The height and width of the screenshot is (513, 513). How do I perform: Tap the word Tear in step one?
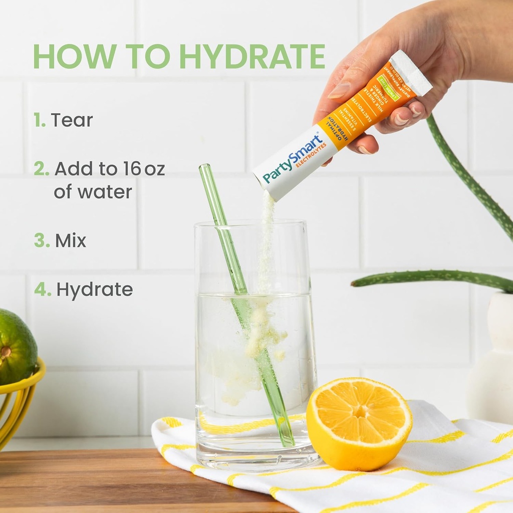72,120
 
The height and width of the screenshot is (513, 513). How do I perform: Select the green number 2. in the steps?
41,169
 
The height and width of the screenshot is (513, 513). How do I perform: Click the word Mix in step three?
71,240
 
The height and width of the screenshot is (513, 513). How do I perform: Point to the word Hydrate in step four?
94,290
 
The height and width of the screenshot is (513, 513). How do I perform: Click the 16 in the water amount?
132,169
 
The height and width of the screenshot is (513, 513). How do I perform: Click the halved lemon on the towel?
359,424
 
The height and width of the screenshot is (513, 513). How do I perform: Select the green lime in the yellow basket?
15,346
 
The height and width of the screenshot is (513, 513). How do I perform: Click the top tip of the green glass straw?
204,167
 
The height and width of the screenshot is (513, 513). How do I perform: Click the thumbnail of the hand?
339,91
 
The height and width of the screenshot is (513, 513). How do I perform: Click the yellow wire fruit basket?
20,401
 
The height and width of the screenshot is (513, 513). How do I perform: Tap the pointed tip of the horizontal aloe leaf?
354,284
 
